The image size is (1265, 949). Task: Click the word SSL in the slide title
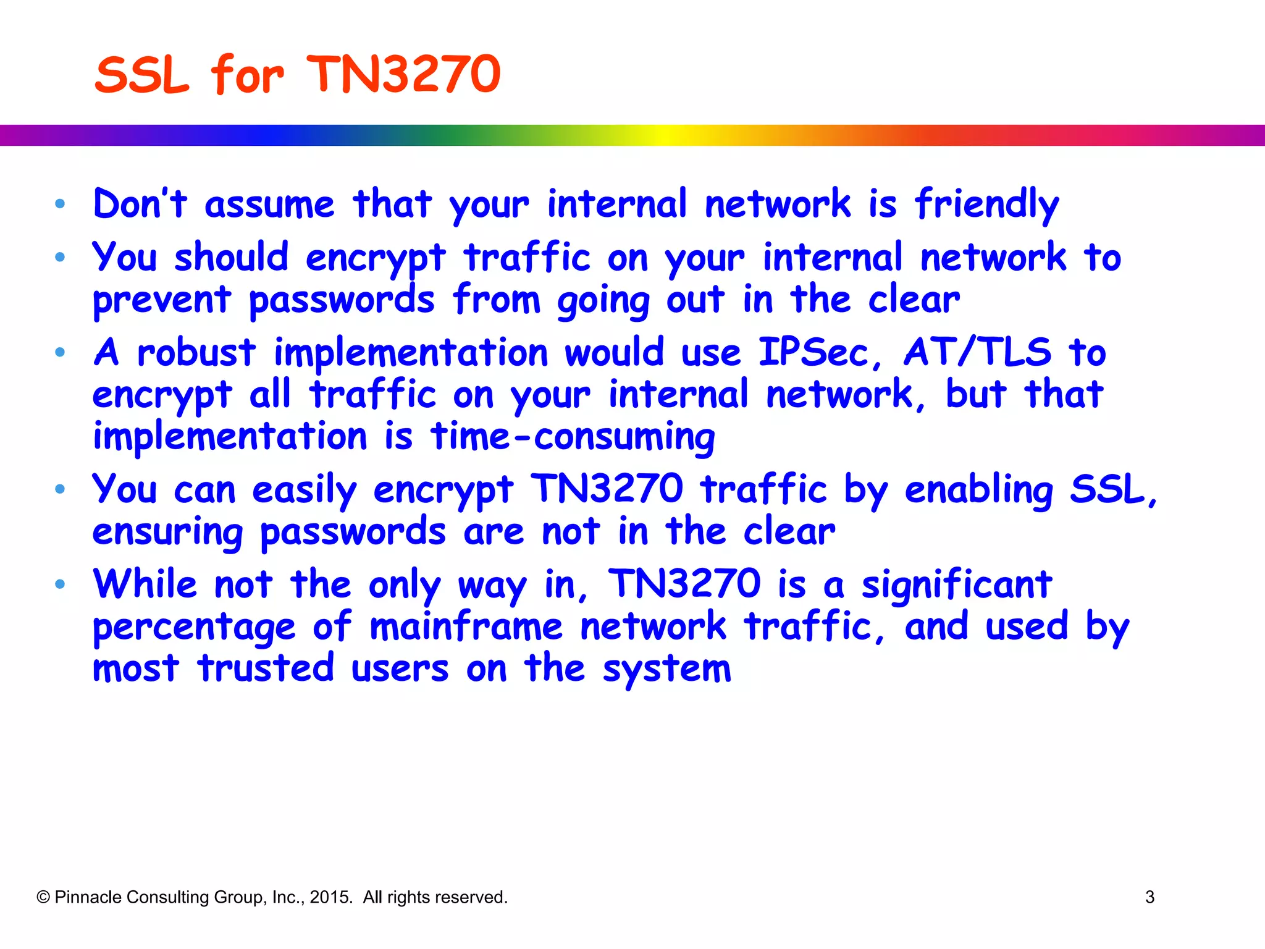click(141, 75)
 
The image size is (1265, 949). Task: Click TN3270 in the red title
click(403, 75)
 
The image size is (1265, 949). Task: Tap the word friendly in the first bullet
click(986, 205)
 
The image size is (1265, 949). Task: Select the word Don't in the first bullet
click(140, 204)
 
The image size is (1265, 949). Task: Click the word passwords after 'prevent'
click(342, 300)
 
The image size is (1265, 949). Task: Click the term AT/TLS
click(977, 353)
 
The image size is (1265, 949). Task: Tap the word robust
click(196, 353)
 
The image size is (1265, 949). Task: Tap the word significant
click(957, 584)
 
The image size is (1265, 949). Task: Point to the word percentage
click(194, 627)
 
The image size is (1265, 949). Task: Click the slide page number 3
click(1149, 897)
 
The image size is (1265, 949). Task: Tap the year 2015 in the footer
click(330, 897)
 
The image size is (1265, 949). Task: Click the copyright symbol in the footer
click(43, 897)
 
